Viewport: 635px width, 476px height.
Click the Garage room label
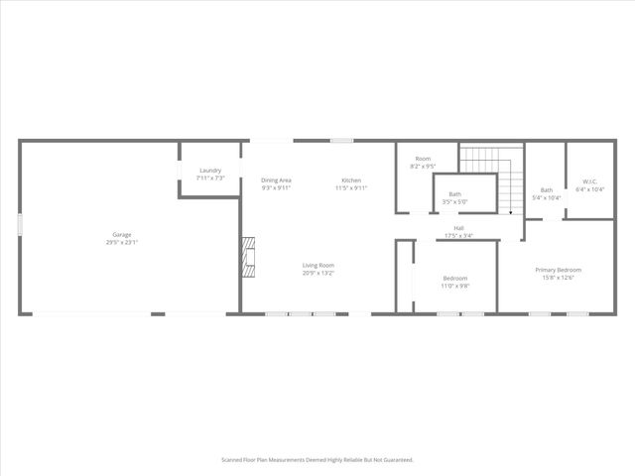click(121, 235)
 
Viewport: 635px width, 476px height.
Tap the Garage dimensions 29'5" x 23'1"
click(121, 242)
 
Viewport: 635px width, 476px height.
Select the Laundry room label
click(209, 171)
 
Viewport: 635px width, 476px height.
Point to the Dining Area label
click(276, 179)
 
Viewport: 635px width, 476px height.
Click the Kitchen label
click(351, 179)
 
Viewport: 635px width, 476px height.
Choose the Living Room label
click(318, 265)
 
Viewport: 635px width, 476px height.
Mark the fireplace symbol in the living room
click(250, 257)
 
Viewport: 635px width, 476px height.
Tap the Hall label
click(458, 228)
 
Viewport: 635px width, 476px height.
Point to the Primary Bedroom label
click(558, 270)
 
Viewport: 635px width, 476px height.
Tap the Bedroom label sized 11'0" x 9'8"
click(454, 278)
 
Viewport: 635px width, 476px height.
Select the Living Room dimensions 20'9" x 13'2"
click(318, 273)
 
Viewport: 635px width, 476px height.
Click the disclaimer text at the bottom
click(317, 460)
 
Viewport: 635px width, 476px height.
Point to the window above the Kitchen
click(341, 141)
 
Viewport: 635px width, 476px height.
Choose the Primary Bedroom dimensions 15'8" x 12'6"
click(558, 278)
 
